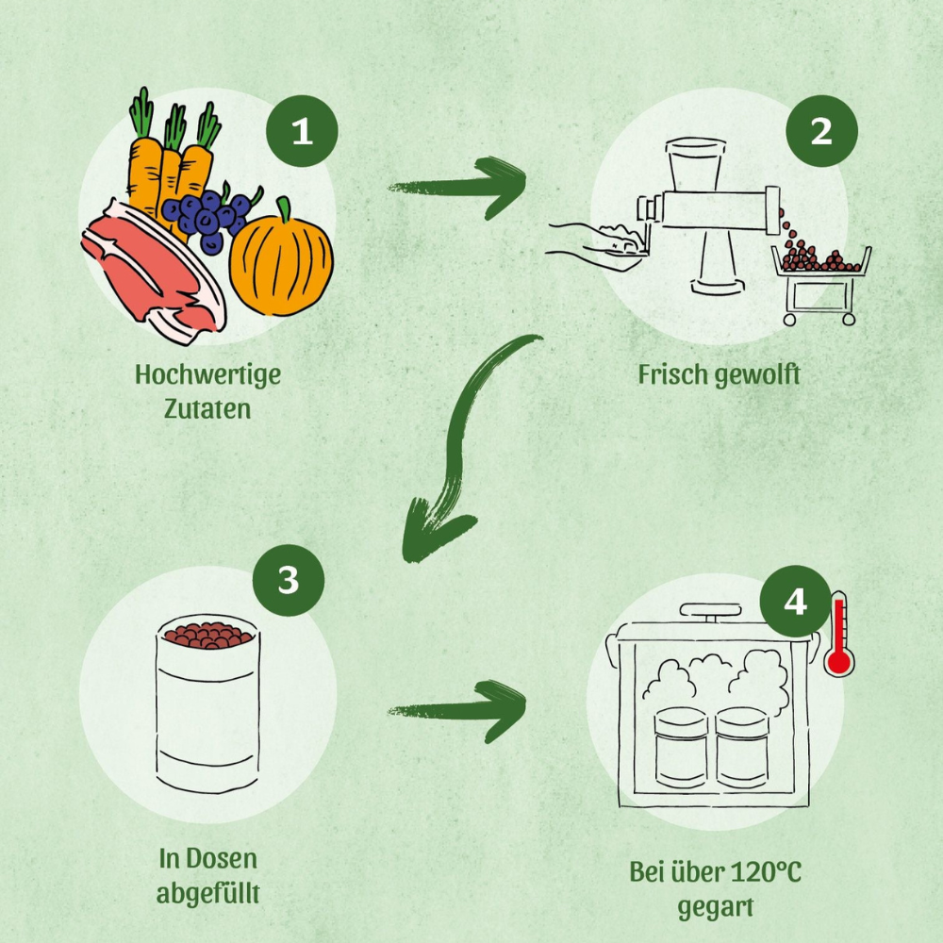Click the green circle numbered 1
coord(301,131)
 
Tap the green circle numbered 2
coord(821,131)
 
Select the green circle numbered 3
coord(289,580)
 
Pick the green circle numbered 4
coord(795,601)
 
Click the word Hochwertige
coord(207,374)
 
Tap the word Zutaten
coord(207,410)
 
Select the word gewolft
coord(757,374)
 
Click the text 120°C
coord(766,872)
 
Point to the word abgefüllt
coord(207,893)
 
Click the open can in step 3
coord(207,703)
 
